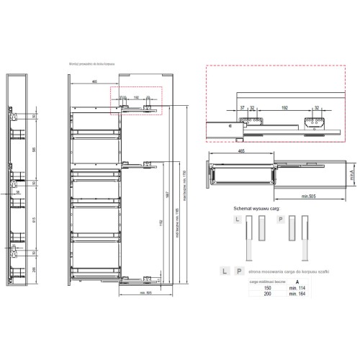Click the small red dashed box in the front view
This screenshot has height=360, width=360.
coord(137,101)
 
